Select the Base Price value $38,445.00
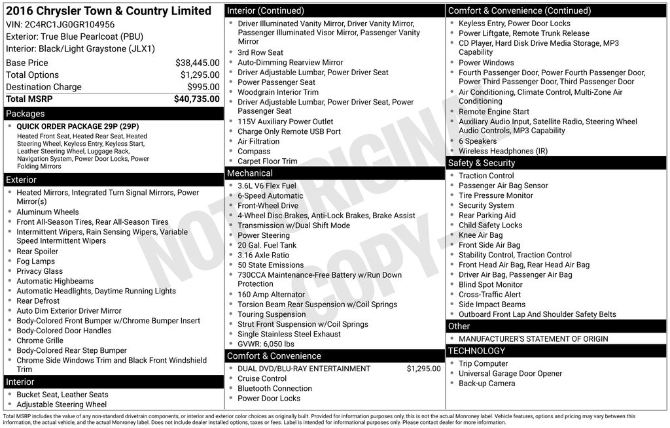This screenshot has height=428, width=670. pyautogui.click(x=198, y=63)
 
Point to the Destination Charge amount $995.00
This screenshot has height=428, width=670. pyautogui.click(x=203, y=87)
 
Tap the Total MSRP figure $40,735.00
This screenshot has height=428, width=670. pyautogui.click(x=197, y=99)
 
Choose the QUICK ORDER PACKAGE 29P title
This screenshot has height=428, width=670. pyautogui.click(x=78, y=127)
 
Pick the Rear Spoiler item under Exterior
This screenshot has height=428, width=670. pyautogui.click(x=37, y=252)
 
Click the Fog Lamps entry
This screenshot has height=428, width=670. pyautogui.click(x=35, y=261)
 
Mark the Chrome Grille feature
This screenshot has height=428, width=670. pyautogui.click(x=40, y=340)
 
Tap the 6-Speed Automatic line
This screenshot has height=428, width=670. pyautogui.click(x=270, y=195)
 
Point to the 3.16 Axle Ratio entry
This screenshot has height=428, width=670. pyautogui.click(x=263, y=255)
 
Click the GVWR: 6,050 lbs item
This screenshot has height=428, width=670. pyautogui.click(x=266, y=344)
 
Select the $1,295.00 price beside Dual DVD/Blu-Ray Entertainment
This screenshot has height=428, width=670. pyautogui.click(x=424, y=369)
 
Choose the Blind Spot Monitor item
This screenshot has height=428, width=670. pyautogui.click(x=490, y=285)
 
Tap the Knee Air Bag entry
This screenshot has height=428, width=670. pyautogui.click(x=480, y=235)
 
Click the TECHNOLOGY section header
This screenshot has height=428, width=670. pyautogui.click(x=476, y=351)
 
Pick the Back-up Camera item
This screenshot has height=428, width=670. pyautogui.click(x=487, y=384)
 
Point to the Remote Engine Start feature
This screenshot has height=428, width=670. pyautogui.click(x=494, y=112)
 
